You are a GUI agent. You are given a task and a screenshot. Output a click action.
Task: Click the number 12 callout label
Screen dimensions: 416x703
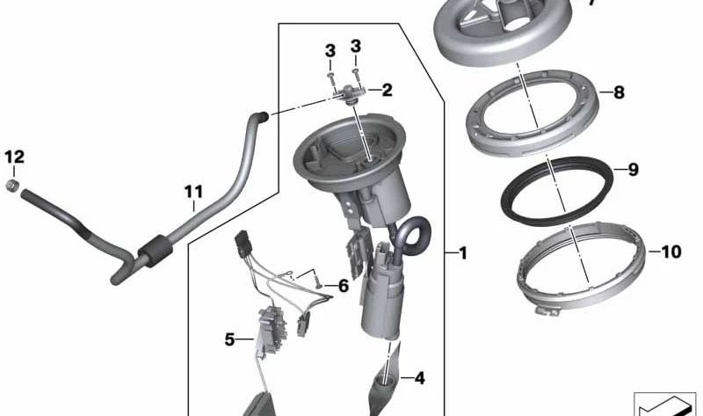(14, 157)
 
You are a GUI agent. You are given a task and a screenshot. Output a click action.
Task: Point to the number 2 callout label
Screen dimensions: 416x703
(386, 90)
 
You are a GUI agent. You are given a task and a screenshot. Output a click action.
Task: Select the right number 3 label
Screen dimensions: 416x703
(356, 46)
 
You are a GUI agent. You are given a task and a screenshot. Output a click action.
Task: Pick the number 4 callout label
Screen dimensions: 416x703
(419, 379)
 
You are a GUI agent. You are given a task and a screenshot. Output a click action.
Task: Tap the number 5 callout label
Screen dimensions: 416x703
(229, 338)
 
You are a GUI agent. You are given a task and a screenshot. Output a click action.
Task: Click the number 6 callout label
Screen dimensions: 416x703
(343, 286)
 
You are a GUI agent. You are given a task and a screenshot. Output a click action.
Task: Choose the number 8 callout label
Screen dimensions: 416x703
(619, 91)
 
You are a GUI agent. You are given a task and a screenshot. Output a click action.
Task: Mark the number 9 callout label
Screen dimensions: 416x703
(632, 171)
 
